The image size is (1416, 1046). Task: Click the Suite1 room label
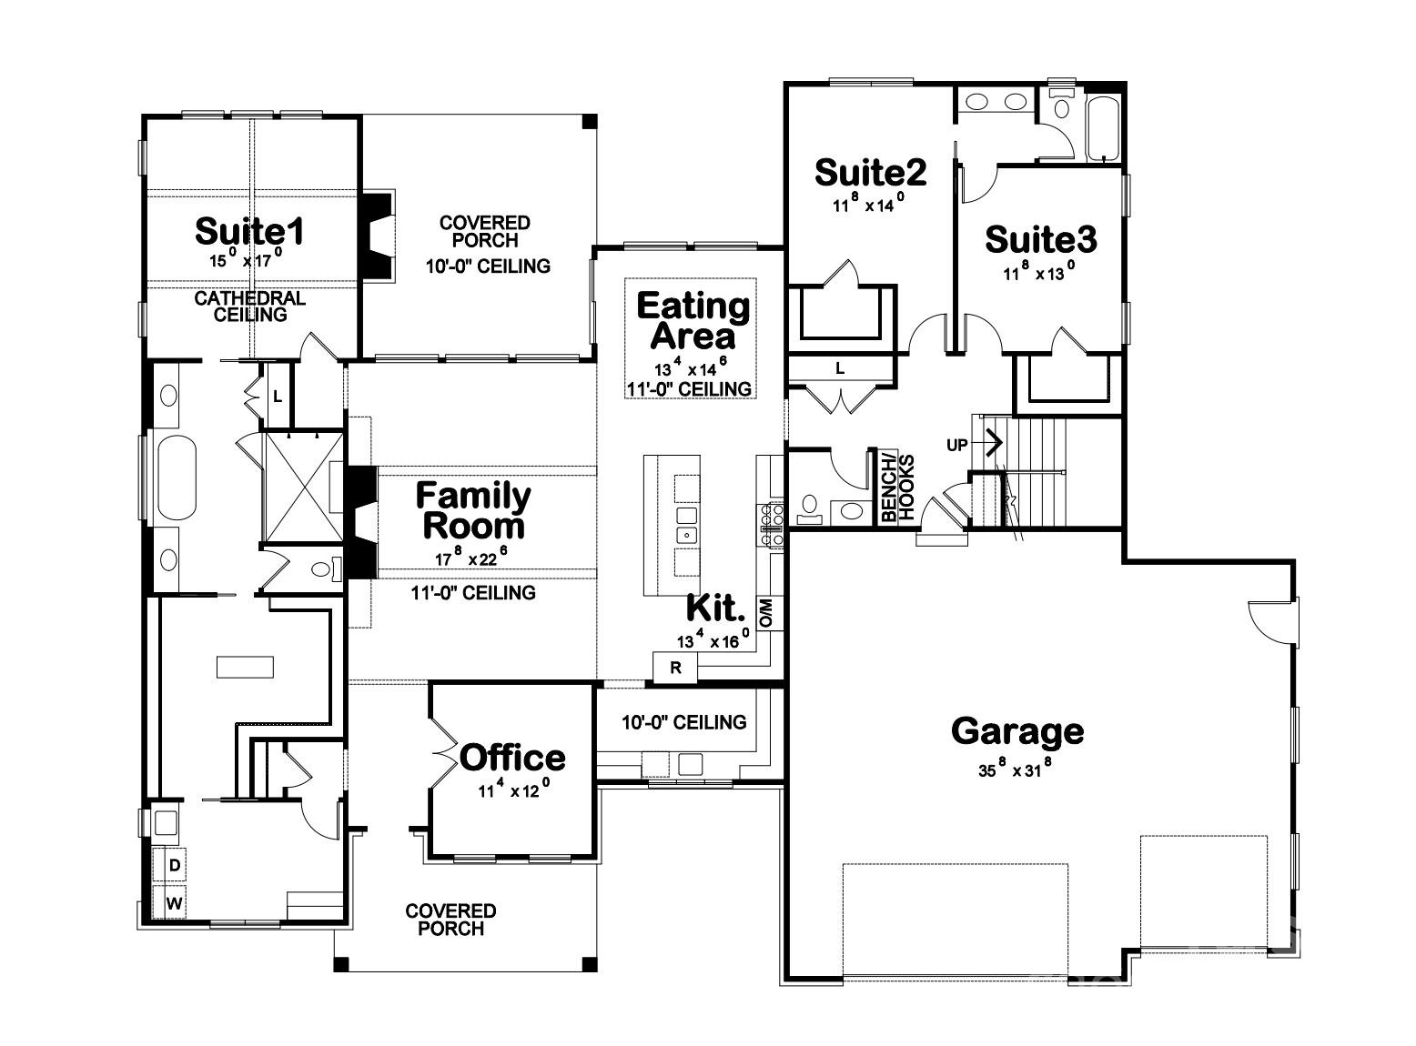click(249, 232)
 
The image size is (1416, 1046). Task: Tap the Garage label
click(1017, 731)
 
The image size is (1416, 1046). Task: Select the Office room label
click(512, 758)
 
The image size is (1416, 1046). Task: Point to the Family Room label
click(473, 510)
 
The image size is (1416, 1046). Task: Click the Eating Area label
click(693, 320)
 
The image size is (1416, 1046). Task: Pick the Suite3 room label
click(1040, 239)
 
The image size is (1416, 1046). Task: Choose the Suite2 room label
click(870, 171)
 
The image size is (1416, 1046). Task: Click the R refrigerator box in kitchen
click(675, 668)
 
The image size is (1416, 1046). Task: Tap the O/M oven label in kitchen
click(766, 613)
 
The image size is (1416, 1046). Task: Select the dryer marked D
click(175, 865)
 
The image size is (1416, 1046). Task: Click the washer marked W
click(175, 904)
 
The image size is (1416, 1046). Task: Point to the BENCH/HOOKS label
click(897, 486)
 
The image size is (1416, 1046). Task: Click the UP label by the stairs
click(957, 445)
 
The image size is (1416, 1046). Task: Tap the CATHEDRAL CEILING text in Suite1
click(249, 307)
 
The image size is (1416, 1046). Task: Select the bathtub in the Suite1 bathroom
click(177, 478)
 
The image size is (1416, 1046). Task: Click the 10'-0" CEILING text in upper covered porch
click(487, 267)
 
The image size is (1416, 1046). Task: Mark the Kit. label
click(715, 607)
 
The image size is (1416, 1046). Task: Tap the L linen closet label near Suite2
click(840, 368)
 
